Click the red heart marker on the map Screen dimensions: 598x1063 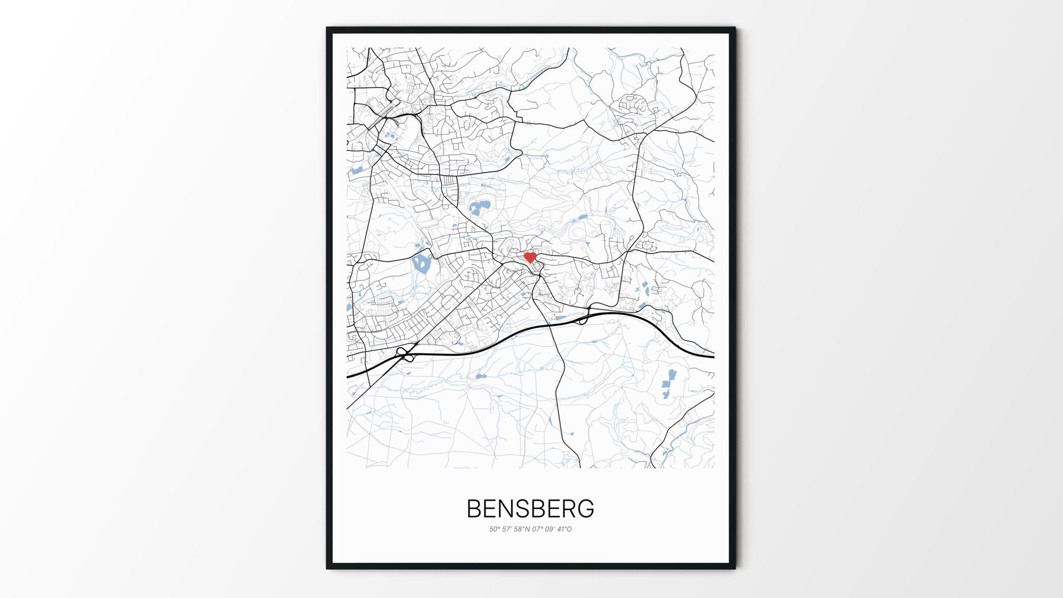pos(530,257)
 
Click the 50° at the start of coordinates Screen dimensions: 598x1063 pos(494,529)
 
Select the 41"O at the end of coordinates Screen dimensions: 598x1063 pos(565,529)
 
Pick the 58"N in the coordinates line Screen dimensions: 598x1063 pos(522,529)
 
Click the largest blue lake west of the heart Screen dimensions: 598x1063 pos(422,264)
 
